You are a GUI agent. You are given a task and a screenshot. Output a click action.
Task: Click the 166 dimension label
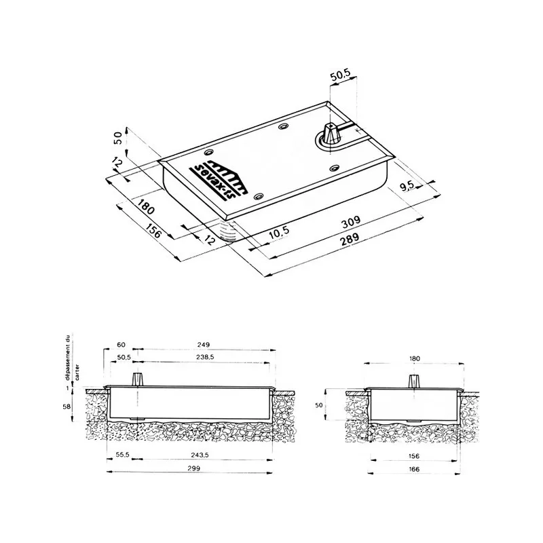pyautogui.click(x=415, y=470)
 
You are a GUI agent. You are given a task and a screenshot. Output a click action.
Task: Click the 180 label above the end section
pyautogui.click(x=415, y=357)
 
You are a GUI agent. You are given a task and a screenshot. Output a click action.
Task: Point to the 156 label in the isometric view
pyautogui.click(x=153, y=231)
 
